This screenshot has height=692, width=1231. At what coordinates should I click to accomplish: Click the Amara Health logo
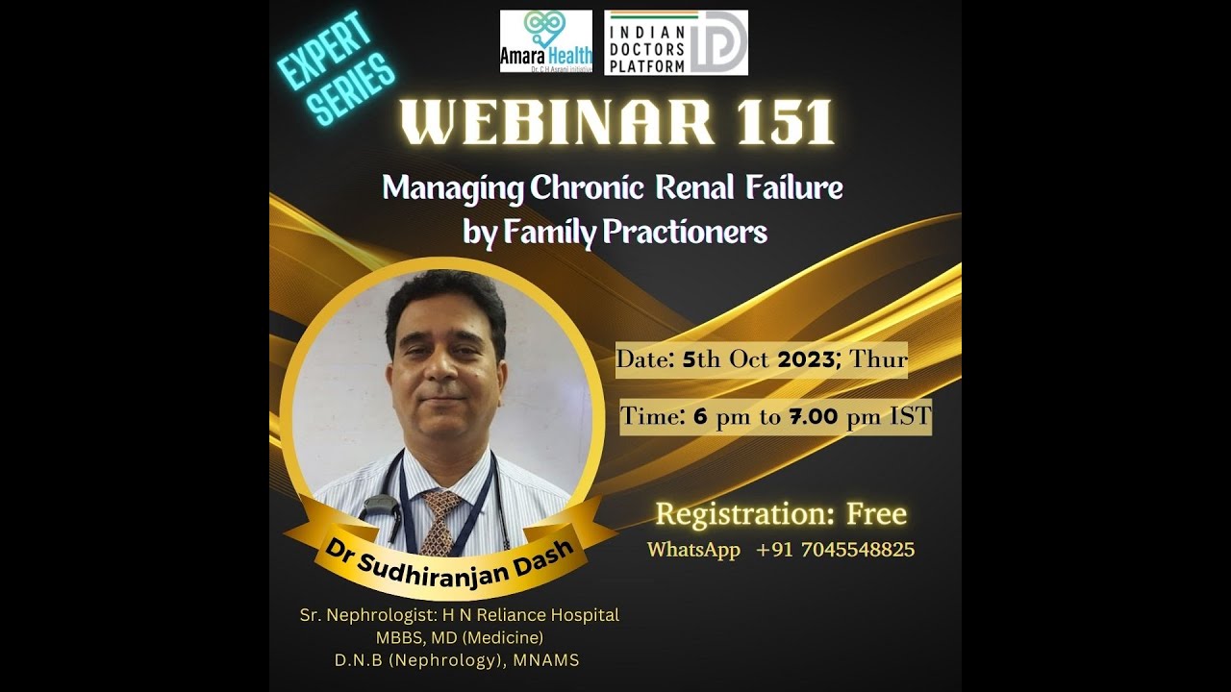pyautogui.click(x=545, y=42)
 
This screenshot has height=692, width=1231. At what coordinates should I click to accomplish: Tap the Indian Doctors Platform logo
pyautogui.click(x=675, y=43)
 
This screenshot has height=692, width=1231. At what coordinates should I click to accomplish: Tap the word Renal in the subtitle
pyautogui.click(x=695, y=186)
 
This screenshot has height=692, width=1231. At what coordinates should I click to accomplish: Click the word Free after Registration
pyautogui.click(x=876, y=514)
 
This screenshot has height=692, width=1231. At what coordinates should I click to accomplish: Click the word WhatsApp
pyautogui.click(x=693, y=550)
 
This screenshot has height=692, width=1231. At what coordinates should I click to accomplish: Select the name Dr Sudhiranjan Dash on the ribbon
pyautogui.click(x=449, y=562)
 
